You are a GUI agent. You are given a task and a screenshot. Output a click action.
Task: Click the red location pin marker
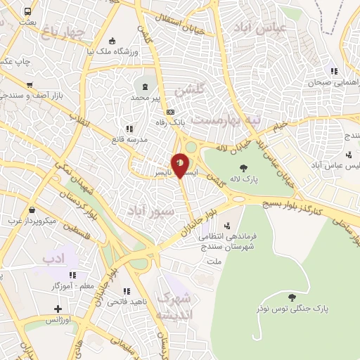180,164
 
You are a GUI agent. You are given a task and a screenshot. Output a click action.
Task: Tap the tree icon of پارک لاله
244,167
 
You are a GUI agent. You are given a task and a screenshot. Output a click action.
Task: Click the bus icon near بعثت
27,12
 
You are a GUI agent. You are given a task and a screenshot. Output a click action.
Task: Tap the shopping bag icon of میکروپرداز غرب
32,210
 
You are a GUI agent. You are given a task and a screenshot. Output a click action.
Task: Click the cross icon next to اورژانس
57,309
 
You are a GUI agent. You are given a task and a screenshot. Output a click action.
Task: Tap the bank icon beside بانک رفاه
169,112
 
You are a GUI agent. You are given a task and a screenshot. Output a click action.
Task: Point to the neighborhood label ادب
53,257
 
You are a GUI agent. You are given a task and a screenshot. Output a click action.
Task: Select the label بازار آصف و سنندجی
40,94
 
